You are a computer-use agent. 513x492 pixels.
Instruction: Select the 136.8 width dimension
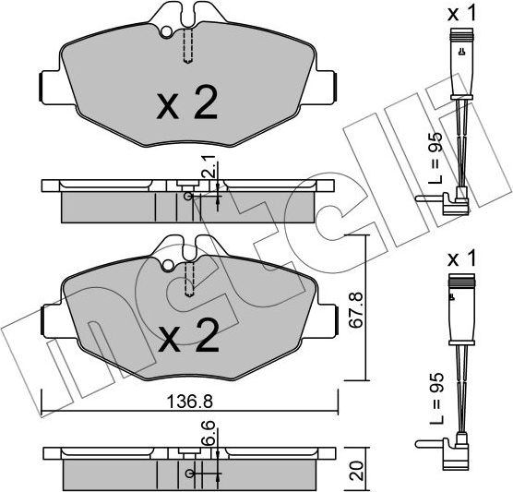(191, 402)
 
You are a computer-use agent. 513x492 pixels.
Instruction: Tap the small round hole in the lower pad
(166, 267)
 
